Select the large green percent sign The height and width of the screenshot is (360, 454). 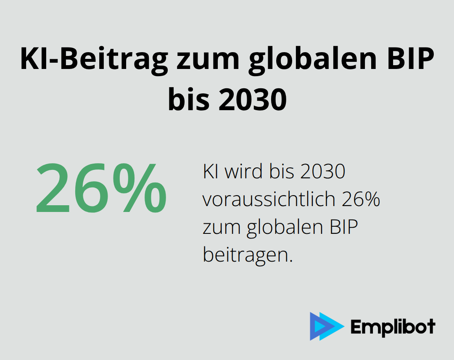[x=140, y=188]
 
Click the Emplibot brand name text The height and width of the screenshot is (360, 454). [x=393, y=327]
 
